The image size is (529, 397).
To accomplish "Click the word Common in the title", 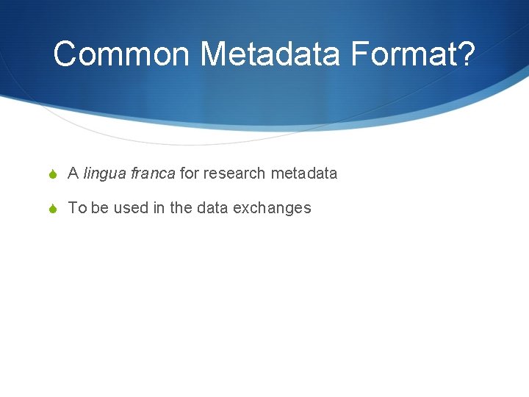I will [x=122, y=54].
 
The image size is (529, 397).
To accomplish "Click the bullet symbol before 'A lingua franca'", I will [x=54, y=174].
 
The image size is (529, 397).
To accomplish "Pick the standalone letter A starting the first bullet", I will [x=73, y=174].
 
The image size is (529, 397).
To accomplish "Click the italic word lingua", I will [x=103, y=174].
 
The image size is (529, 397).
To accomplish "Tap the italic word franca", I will [x=151, y=174].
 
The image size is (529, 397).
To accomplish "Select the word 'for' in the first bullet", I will [x=189, y=174].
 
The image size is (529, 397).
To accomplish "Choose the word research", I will [x=234, y=174].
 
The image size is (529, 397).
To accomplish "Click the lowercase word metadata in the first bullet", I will [x=304, y=174].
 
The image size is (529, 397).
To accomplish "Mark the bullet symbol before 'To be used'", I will [x=54, y=209].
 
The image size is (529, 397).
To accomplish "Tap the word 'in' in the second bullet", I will [x=159, y=208].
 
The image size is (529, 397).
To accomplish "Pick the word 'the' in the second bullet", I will [x=181, y=208].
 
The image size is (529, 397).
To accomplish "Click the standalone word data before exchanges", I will [x=212, y=208].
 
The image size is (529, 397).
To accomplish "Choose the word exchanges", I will [x=272, y=208].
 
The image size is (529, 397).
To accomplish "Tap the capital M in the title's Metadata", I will [x=214, y=54].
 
